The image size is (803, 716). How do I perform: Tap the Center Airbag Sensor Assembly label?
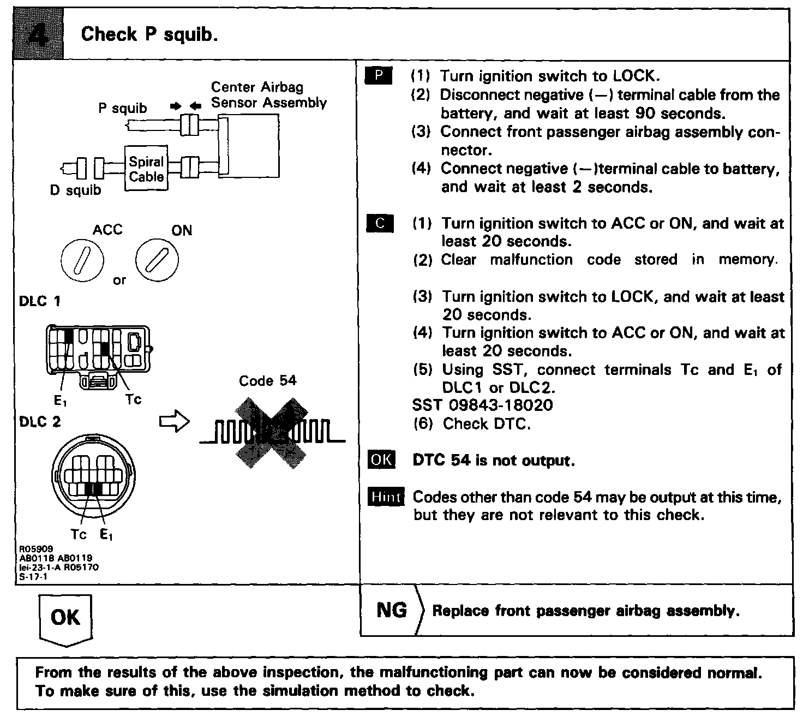[268, 95]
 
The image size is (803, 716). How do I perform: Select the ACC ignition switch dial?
[82, 259]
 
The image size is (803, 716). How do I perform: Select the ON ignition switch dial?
[157, 259]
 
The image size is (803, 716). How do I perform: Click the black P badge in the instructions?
[378, 76]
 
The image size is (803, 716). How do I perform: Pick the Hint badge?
[386, 497]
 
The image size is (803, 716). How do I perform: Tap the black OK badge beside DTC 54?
[381, 460]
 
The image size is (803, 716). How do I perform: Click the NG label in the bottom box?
[392, 610]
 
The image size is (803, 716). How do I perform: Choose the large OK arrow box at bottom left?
[65, 618]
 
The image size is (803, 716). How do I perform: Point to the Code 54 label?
[267, 380]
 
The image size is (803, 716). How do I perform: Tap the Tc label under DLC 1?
[133, 399]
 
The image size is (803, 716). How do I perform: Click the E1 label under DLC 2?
[106, 535]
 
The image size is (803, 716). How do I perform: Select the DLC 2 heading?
[40, 422]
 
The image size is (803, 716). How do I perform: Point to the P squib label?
[123, 108]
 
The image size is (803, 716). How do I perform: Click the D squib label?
[75, 190]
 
